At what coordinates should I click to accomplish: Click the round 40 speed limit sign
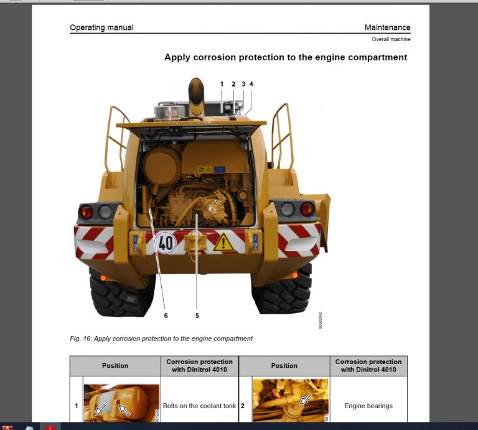pos(166,242)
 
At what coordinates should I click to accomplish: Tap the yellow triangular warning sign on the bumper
pos(223,242)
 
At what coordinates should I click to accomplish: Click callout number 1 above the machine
pos(221,83)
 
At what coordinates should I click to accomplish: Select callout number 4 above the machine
pos(251,83)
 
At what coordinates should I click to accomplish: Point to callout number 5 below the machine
pos(197,315)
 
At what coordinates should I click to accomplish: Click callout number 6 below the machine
pos(166,315)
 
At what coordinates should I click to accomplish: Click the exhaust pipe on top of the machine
pos(197,96)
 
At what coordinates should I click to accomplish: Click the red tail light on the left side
pos(86,212)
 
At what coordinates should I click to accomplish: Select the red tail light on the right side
pos(306,209)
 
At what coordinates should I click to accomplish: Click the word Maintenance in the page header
pos(387,27)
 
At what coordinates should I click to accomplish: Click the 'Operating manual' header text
pos(101,27)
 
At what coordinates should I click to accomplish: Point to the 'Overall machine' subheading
pos(391,39)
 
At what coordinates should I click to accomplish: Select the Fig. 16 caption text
pos(161,339)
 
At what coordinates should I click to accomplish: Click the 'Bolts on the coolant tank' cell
pos(199,406)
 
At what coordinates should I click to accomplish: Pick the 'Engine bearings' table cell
pos(368,406)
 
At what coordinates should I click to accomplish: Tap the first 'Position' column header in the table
pos(115,365)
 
